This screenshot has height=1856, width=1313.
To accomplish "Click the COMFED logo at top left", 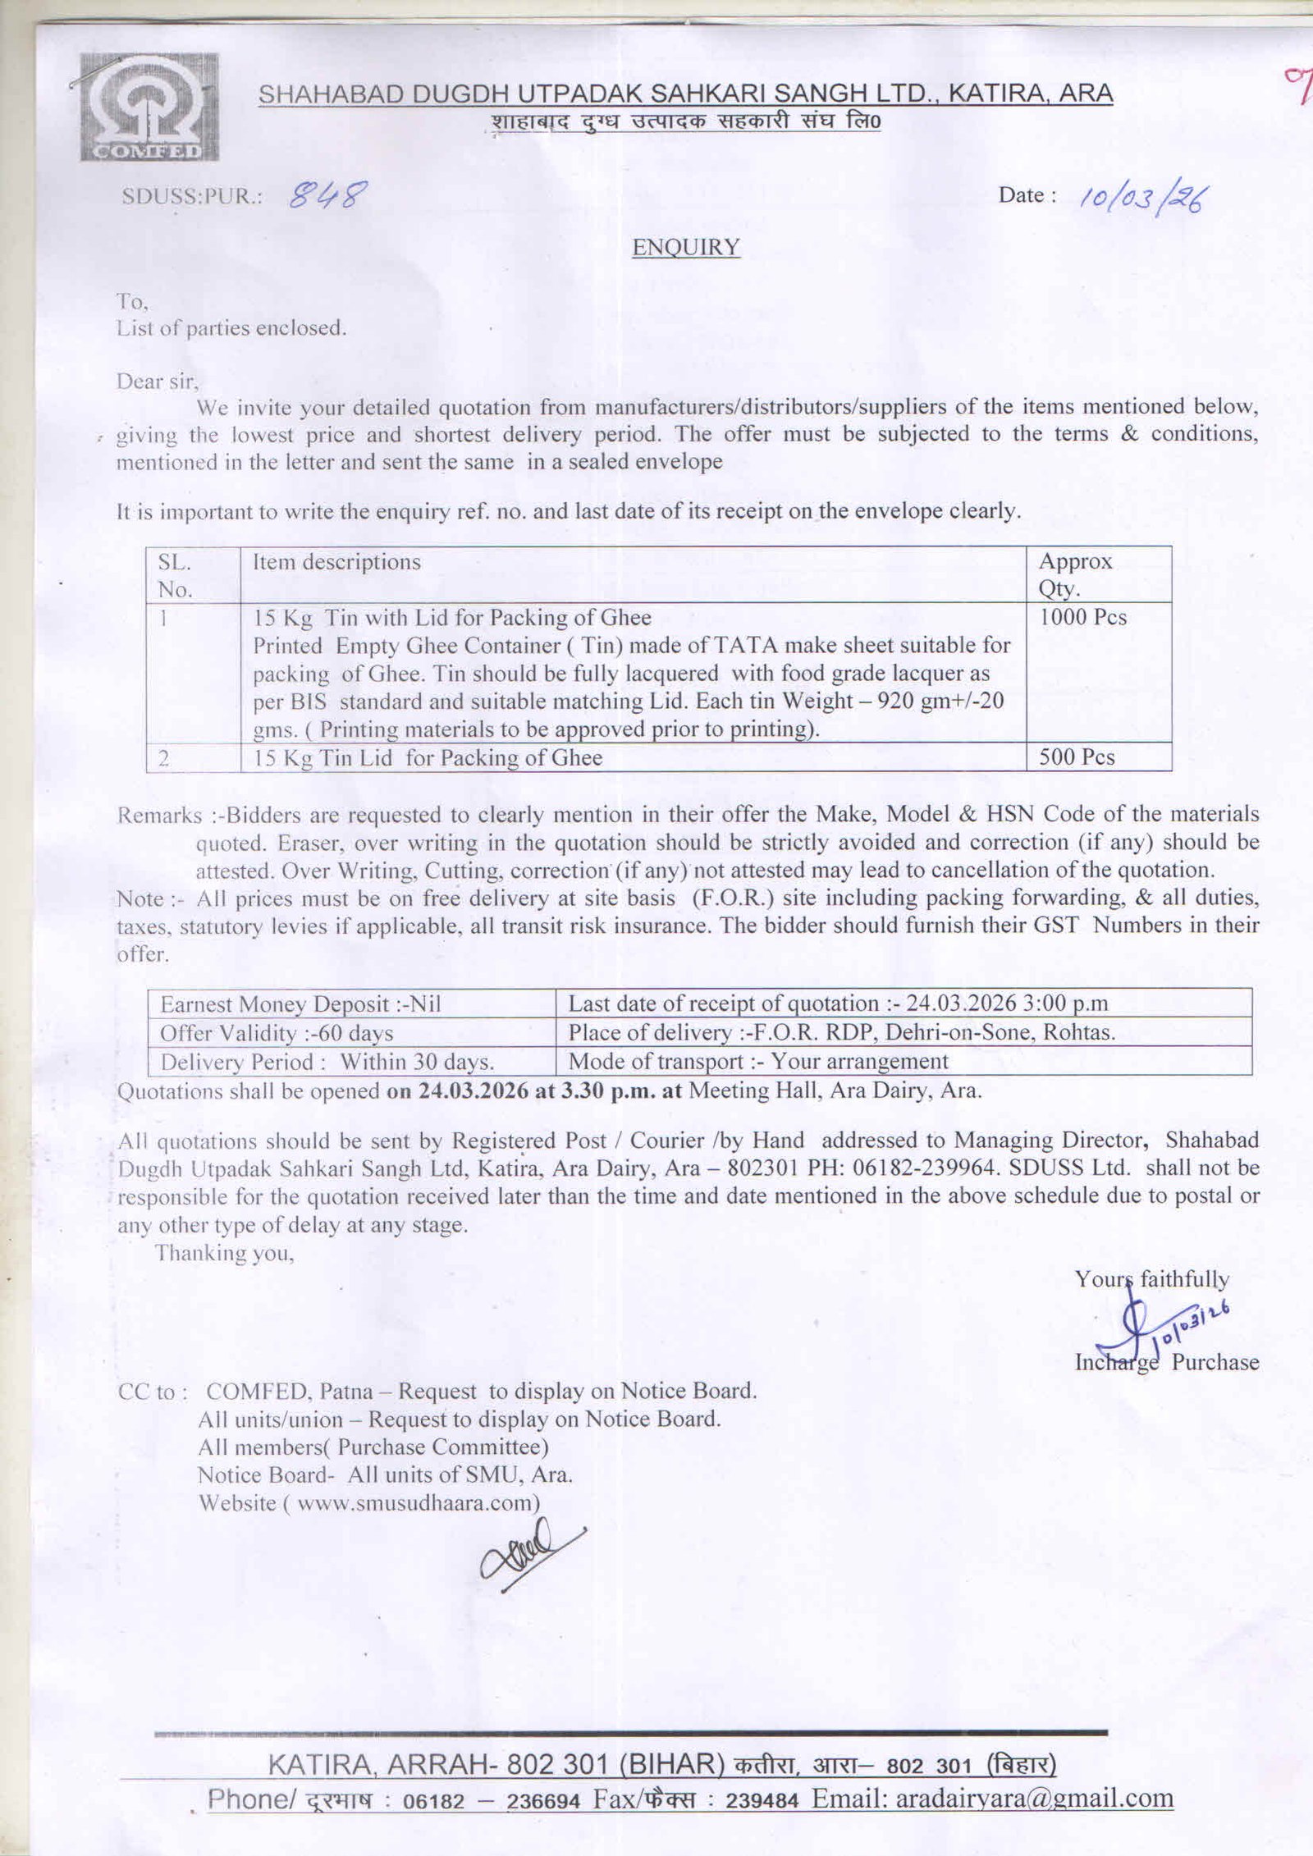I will [x=149, y=107].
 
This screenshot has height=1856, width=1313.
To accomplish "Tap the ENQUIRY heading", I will [x=686, y=247].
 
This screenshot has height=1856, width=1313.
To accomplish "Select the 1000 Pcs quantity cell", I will [x=1083, y=618].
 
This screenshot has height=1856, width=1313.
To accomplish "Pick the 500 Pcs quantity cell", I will [x=1077, y=757].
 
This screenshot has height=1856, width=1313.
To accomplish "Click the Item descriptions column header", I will [x=336, y=562].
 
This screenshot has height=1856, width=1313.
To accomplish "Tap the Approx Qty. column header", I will [x=1075, y=574].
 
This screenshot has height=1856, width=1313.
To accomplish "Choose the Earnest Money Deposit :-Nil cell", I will [x=301, y=1004].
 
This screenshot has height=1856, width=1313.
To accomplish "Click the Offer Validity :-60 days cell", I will [x=277, y=1033].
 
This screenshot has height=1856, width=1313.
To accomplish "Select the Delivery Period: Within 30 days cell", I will [x=327, y=1063].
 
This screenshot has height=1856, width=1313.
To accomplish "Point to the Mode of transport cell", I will [x=757, y=1062].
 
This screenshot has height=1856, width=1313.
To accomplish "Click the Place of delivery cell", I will [x=841, y=1033].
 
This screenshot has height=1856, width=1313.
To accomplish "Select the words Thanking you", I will [x=224, y=1253].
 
